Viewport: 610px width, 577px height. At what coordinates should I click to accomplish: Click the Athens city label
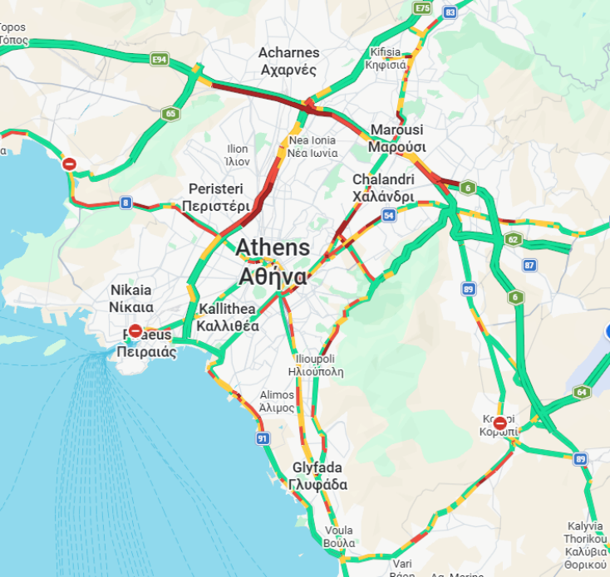click(x=273, y=262)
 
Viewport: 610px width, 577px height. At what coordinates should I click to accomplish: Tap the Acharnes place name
click(x=288, y=61)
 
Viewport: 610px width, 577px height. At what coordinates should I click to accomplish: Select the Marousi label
click(x=396, y=139)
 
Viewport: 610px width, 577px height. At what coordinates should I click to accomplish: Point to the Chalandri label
click(x=382, y=188)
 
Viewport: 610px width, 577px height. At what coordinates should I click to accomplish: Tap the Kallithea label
click(x=228, y=318)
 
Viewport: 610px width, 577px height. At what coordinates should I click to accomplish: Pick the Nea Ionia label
click(x=312, y=146)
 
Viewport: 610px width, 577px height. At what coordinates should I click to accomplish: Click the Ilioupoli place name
click(x=315, y=365)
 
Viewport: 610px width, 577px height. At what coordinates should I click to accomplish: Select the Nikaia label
click(x=131, y=298)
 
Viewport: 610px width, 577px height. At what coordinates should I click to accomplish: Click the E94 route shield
click(x=160, y=60)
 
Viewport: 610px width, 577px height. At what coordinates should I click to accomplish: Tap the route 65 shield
click(x=170, y=114)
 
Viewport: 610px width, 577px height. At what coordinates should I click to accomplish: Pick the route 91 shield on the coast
click(x=263, y=438)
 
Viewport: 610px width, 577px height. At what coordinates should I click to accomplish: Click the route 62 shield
click(x=513, y=240)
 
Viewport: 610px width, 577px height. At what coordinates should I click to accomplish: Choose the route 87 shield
click(x=529, y=265)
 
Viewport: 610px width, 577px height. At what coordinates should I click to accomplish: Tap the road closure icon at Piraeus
click(x=135, y=331)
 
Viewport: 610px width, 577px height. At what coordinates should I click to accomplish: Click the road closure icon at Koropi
click(x=499, y=423)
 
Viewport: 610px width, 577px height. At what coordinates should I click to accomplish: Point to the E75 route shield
click(x=423, y=7)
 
